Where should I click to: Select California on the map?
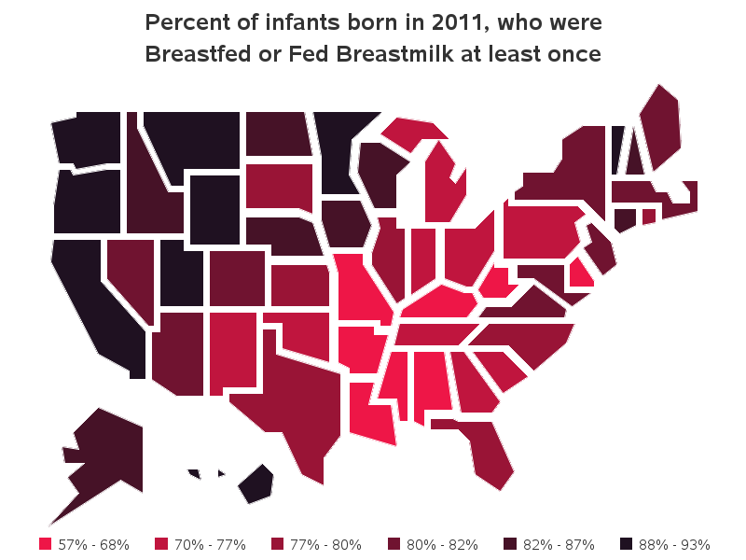tap(89, 299)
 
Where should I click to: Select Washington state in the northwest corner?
tap(89, 138)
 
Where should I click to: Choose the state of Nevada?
tap(131, 271)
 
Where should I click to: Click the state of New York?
tap(569, 168)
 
